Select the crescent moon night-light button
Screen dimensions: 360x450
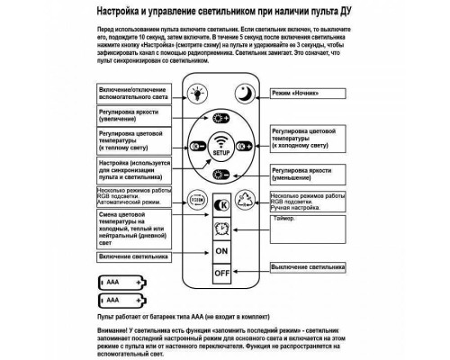pos(246,92)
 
